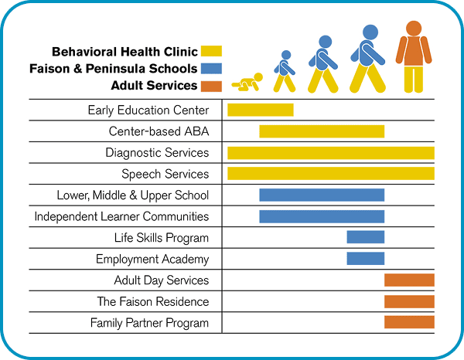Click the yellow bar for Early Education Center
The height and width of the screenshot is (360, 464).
tap(260, 110)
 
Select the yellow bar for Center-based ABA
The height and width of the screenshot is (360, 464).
tap(322, 131)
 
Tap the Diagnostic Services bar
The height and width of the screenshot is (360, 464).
tap(330, 153)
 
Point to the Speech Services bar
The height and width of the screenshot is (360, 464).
tap(330, 174)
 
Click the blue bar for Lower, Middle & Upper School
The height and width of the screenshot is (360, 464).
tap(322, 195)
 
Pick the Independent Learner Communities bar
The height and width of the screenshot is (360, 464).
tap(322, 216)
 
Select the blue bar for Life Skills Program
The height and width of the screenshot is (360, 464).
tap(365, 238)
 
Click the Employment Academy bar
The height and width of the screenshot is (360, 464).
tap(365, 259)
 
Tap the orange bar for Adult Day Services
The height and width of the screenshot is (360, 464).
tap(409, 280)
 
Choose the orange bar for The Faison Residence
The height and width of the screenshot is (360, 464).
tap(409, 301)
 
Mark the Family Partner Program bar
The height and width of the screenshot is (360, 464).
tap(409, 322)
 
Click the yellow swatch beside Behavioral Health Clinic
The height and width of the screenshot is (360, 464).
tap(211, 52)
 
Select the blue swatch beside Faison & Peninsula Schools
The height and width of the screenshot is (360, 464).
tap(211, 68)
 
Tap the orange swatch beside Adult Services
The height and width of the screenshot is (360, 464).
tap(211, 85)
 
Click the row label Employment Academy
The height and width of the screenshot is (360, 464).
tap(152, 260)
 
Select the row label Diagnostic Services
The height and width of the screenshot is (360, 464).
tap(157, 153)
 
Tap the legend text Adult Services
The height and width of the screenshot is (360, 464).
tap(154, 85)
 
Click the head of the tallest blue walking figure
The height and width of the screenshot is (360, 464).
tap(370, 32)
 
